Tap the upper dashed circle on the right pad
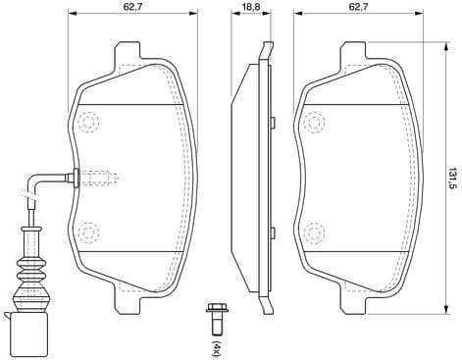point(315,122)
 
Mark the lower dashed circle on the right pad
point(315,232)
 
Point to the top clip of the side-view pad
point(263,51)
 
